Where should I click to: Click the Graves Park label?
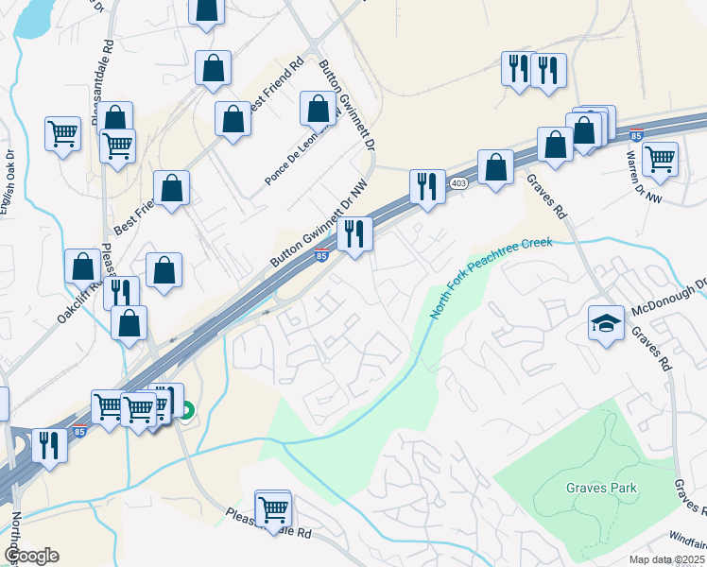click(x=601, y=489)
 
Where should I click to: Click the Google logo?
click(x=30, y=556)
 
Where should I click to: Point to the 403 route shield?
click(x=459, y=183)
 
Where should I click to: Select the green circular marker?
click(x=188, y=410)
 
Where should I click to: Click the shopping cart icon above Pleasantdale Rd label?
click(x=273, y=508)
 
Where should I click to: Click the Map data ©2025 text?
click(x=665, y=559)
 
